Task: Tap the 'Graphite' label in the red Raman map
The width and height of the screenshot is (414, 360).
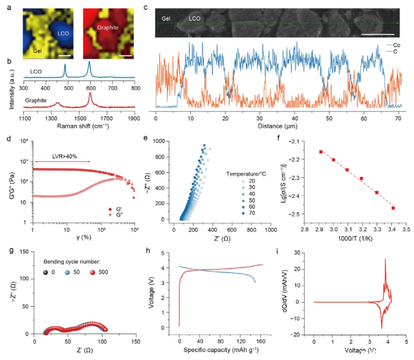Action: click(108, 28)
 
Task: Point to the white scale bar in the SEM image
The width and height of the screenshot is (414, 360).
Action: click(378, 34)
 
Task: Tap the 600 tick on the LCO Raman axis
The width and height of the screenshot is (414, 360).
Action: click(297, 88)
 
